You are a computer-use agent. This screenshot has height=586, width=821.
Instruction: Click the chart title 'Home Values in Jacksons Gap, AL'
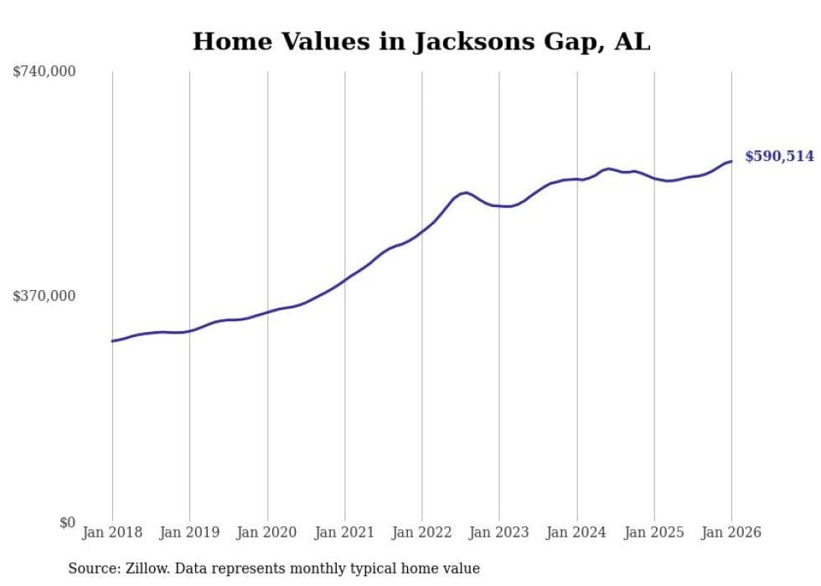[421, 41]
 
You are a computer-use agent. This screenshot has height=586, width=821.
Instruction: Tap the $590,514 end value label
[779, 156]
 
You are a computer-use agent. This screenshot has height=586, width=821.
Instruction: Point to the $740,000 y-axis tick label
[44, 72]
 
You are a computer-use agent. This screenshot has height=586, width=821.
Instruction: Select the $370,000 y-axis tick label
[44, 296]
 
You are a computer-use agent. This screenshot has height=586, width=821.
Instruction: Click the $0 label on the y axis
[67, 522]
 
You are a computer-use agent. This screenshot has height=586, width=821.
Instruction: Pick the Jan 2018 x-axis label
[112, 532]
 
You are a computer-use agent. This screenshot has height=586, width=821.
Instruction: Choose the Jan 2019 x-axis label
[189, 532]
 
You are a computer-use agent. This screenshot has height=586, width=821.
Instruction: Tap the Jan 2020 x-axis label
[267, 532]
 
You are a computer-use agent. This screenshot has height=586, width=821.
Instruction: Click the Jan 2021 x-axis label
[344, 532]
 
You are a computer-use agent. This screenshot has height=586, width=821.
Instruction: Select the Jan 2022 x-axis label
[422, 532]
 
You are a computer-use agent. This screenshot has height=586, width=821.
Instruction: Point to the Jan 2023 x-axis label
[499, 532]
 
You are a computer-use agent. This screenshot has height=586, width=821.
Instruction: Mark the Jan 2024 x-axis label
[576, 532]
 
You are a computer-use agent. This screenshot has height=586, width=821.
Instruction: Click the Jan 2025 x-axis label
[654, 532]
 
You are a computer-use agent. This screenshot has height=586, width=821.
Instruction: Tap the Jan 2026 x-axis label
[731, 532]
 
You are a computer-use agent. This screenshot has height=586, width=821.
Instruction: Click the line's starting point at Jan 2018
[112, 341]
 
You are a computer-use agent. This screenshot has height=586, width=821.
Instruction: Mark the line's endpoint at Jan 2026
[731, 161]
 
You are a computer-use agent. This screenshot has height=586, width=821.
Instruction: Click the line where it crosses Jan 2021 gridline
[345, 277]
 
